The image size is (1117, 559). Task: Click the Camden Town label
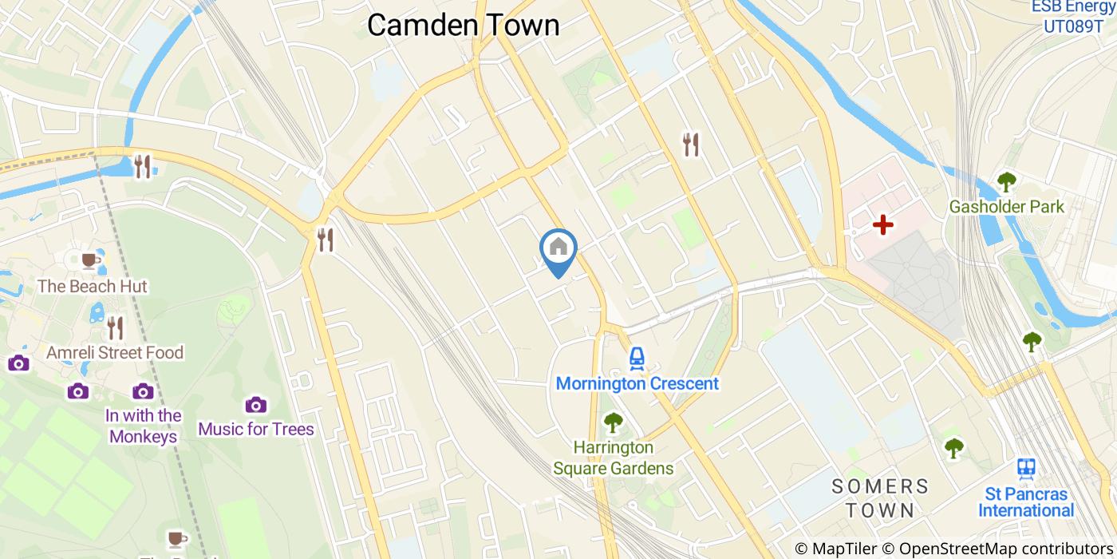click(463, 25)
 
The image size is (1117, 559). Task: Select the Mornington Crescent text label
click(637, 383)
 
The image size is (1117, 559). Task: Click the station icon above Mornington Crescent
click(636, 359)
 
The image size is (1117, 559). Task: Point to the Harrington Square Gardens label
click(614, 458)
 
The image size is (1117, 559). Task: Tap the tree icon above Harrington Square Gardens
click(613, 422)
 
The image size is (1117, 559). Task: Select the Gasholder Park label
click(1006, 207)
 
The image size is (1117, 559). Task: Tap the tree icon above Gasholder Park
click(1006, 182)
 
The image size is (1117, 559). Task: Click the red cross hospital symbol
click(882, 225)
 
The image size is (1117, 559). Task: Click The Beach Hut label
click(93, 286)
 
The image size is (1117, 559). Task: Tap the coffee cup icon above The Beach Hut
click(90, 260)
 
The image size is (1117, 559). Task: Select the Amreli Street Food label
click(115, 352)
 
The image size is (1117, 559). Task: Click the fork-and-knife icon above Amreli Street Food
click(116, 327)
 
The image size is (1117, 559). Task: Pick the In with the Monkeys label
click(144, 426)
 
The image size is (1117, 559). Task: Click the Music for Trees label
click(256, 429)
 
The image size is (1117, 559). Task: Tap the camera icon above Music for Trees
click(255, 405)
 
